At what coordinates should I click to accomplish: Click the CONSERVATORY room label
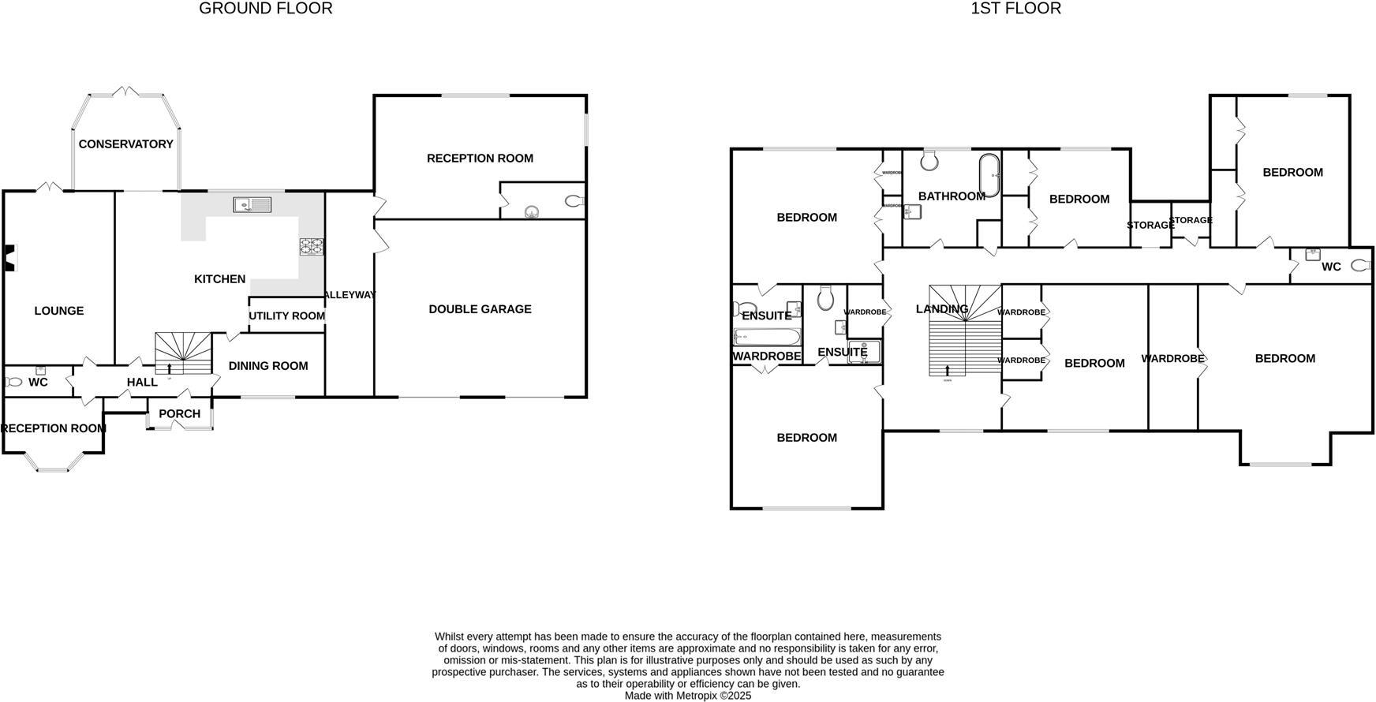125,144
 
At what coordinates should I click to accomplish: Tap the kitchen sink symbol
252,205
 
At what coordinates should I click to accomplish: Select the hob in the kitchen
312,247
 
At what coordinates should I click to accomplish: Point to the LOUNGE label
59,311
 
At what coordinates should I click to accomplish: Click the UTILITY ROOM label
286,316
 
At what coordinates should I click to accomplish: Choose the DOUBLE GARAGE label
480,309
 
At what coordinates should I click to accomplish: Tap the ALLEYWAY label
350,295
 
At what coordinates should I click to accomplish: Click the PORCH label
180,414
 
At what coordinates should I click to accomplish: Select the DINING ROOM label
268,366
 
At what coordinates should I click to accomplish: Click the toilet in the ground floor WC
13,383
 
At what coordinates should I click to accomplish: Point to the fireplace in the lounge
9,258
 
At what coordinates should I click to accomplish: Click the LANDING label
942,309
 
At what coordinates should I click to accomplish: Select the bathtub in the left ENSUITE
766,338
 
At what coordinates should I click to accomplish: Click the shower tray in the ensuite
863,352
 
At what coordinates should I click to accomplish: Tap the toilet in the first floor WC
1361,266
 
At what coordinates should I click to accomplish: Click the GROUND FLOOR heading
266,9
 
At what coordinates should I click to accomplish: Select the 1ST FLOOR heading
1015,9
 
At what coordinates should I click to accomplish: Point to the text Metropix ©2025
710,696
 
